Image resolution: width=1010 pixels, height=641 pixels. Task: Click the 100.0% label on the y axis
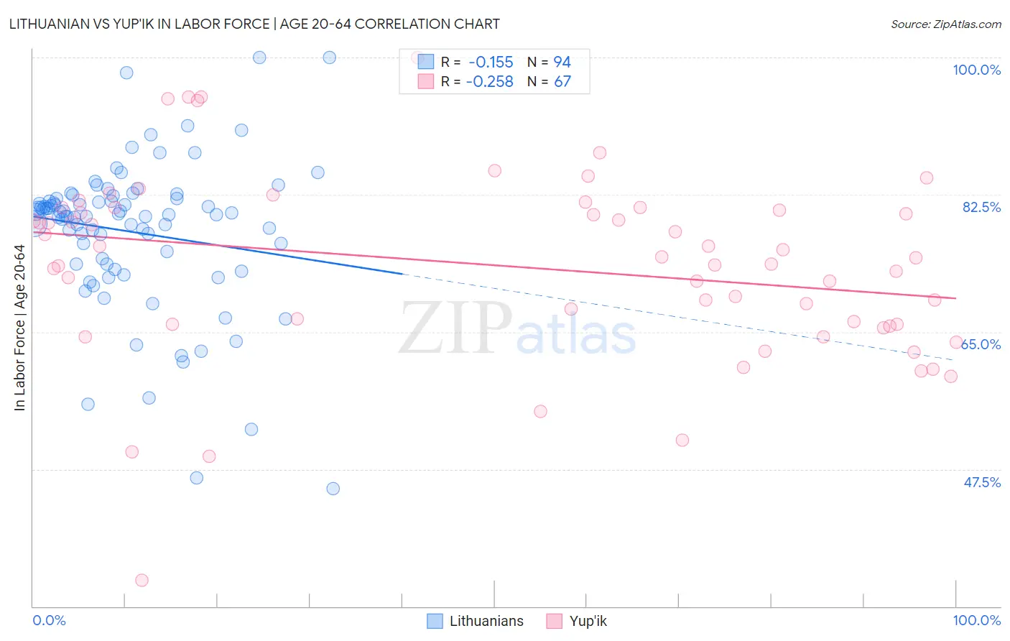(x=976, y=70)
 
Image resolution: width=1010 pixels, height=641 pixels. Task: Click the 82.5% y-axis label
(x=981, y=207)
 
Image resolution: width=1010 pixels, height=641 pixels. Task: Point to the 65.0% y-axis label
(x=981, y=344)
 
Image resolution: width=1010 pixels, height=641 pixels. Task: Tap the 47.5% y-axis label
(x=981, y=482)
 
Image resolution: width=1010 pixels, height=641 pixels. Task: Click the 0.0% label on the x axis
(x=49, y=620)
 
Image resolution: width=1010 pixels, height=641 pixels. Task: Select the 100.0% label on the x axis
(x=976, y=620)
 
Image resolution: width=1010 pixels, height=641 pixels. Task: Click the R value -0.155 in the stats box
(x=491, y=62)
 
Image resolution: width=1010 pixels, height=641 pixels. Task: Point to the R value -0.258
(x=489, y=81)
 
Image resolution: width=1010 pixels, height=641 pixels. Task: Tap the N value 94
(x=562, y=62)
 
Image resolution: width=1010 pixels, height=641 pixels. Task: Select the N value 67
(x=562, y=81)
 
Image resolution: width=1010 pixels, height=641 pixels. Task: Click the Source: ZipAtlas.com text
(x=945, y=24)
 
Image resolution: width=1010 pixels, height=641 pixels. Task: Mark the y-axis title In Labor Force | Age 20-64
(x=20, y=328)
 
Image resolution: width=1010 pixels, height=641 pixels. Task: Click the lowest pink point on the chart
(x=142, y=580)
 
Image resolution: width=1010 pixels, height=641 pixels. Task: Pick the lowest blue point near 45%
(x=333, y=489)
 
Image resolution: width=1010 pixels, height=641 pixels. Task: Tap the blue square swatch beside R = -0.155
(x=426, y=62)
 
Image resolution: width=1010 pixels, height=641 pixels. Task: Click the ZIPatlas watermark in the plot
(x=517, y=328)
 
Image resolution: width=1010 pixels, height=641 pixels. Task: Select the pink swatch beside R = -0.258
(x=426, y=81)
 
